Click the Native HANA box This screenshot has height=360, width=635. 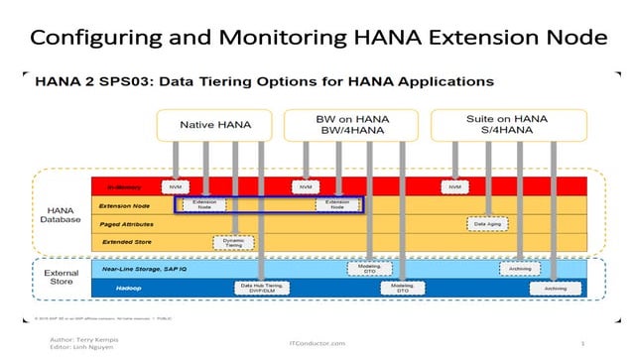[215, 126]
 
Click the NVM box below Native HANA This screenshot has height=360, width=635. [176, 186]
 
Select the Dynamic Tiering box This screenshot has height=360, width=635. [234, 242]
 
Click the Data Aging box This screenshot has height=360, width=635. [486, 223]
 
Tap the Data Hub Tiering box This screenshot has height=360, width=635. [261, 288]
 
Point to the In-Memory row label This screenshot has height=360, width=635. [110, 186]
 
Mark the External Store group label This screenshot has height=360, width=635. [62, 278]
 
